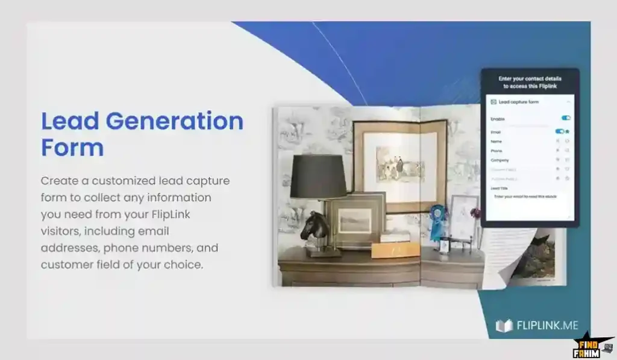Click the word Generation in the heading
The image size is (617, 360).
(175, 121)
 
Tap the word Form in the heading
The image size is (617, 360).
(72, 147)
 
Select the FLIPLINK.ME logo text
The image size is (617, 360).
(547, 326)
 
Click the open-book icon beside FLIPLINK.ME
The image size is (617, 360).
(504, 326)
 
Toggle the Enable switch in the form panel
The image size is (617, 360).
(566, 118)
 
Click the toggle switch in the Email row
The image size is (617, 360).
(560, 131)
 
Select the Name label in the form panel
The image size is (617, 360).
(496, 141)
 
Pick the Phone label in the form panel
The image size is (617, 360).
(497, 151)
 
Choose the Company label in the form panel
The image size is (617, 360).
(500, 160)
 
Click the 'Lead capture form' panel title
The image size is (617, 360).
(518, 103)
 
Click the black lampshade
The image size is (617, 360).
(318, 176)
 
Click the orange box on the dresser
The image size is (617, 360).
(395, 249)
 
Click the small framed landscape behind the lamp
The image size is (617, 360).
(355, 220)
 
